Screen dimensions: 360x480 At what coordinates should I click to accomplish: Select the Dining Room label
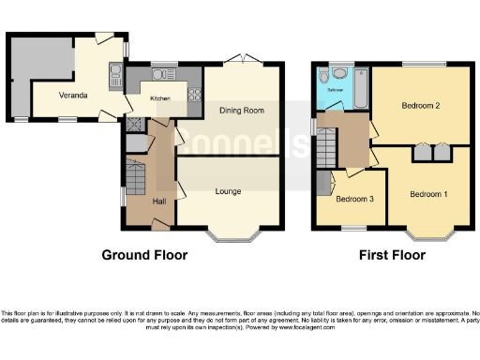tap(241, 110)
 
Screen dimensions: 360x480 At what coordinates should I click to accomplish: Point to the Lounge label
tap(228, 191)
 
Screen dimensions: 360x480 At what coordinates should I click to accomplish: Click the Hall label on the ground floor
tap(159, 201)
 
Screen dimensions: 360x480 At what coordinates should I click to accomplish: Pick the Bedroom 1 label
tap(428, 194)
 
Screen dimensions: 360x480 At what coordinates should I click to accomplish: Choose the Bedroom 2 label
tap(421, 106)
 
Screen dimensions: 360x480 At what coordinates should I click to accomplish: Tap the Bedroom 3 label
tap(354, 200)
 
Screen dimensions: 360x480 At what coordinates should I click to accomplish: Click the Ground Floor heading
tap(144, 254)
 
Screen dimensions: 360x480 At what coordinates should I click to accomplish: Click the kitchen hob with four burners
tap(196, 93)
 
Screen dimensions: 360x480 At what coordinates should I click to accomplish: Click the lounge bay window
tap(228, 231)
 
